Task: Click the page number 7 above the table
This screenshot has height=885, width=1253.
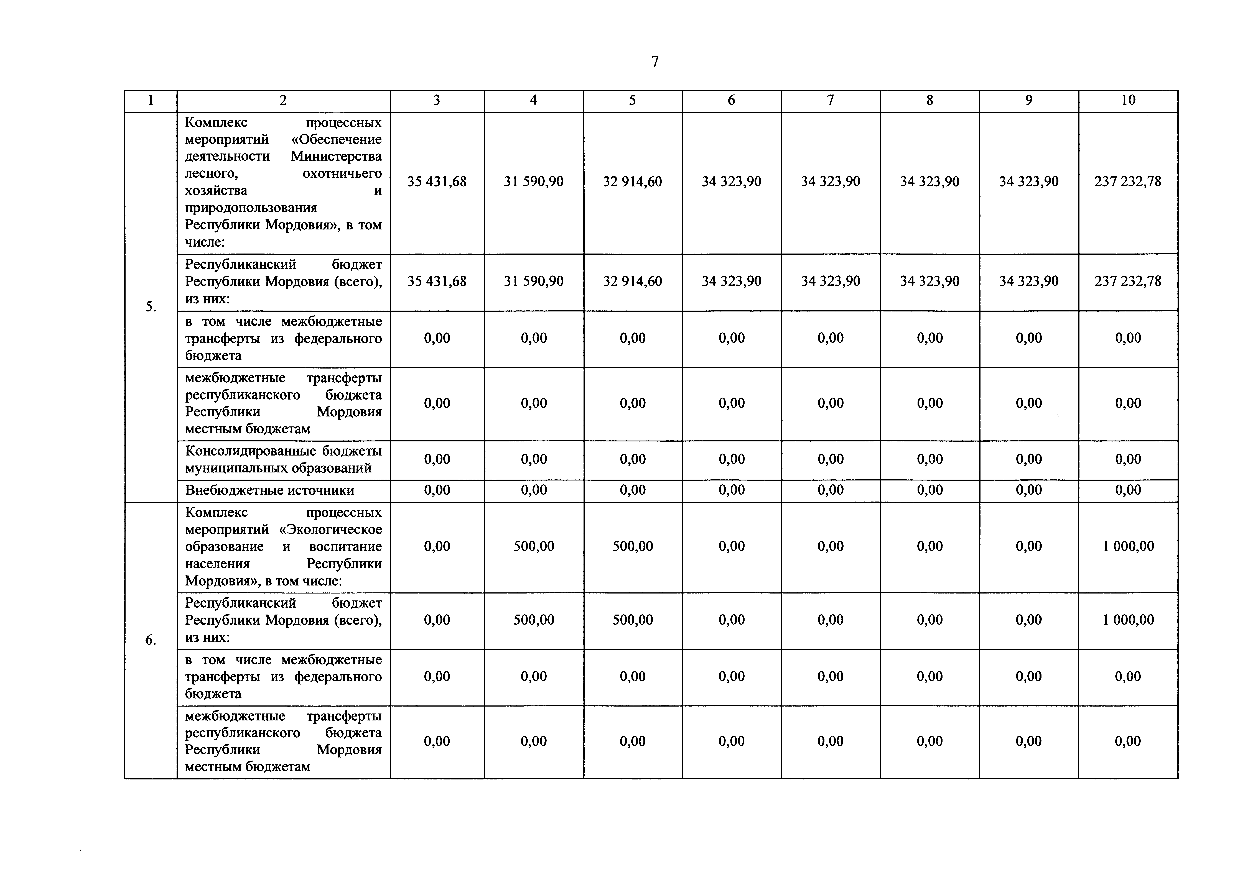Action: point(655,62)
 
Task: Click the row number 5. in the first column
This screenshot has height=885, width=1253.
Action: point(151,307)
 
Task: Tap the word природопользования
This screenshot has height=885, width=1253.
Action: point(251,208)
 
